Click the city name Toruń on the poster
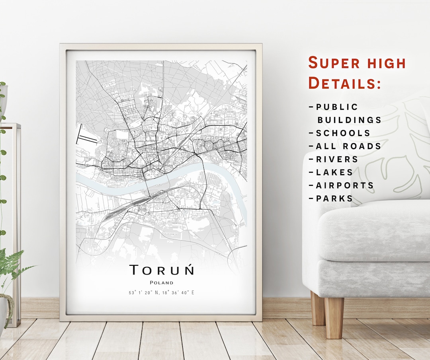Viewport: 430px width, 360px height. pos(162,270)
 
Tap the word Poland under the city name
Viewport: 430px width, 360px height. pos(162,283)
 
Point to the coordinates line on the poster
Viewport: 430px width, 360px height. pos(162,293)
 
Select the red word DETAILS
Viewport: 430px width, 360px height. pos(344,83)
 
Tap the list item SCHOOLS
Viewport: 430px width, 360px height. pos(343,133)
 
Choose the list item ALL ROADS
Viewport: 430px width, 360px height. pos(348,146)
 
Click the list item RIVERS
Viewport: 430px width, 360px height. pos(337,160)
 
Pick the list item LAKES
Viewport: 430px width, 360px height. pos(334,172)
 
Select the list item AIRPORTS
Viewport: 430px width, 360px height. pos(345,185)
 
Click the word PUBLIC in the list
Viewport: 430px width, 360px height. pos(337,107)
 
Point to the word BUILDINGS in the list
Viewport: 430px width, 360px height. pos(349,120)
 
